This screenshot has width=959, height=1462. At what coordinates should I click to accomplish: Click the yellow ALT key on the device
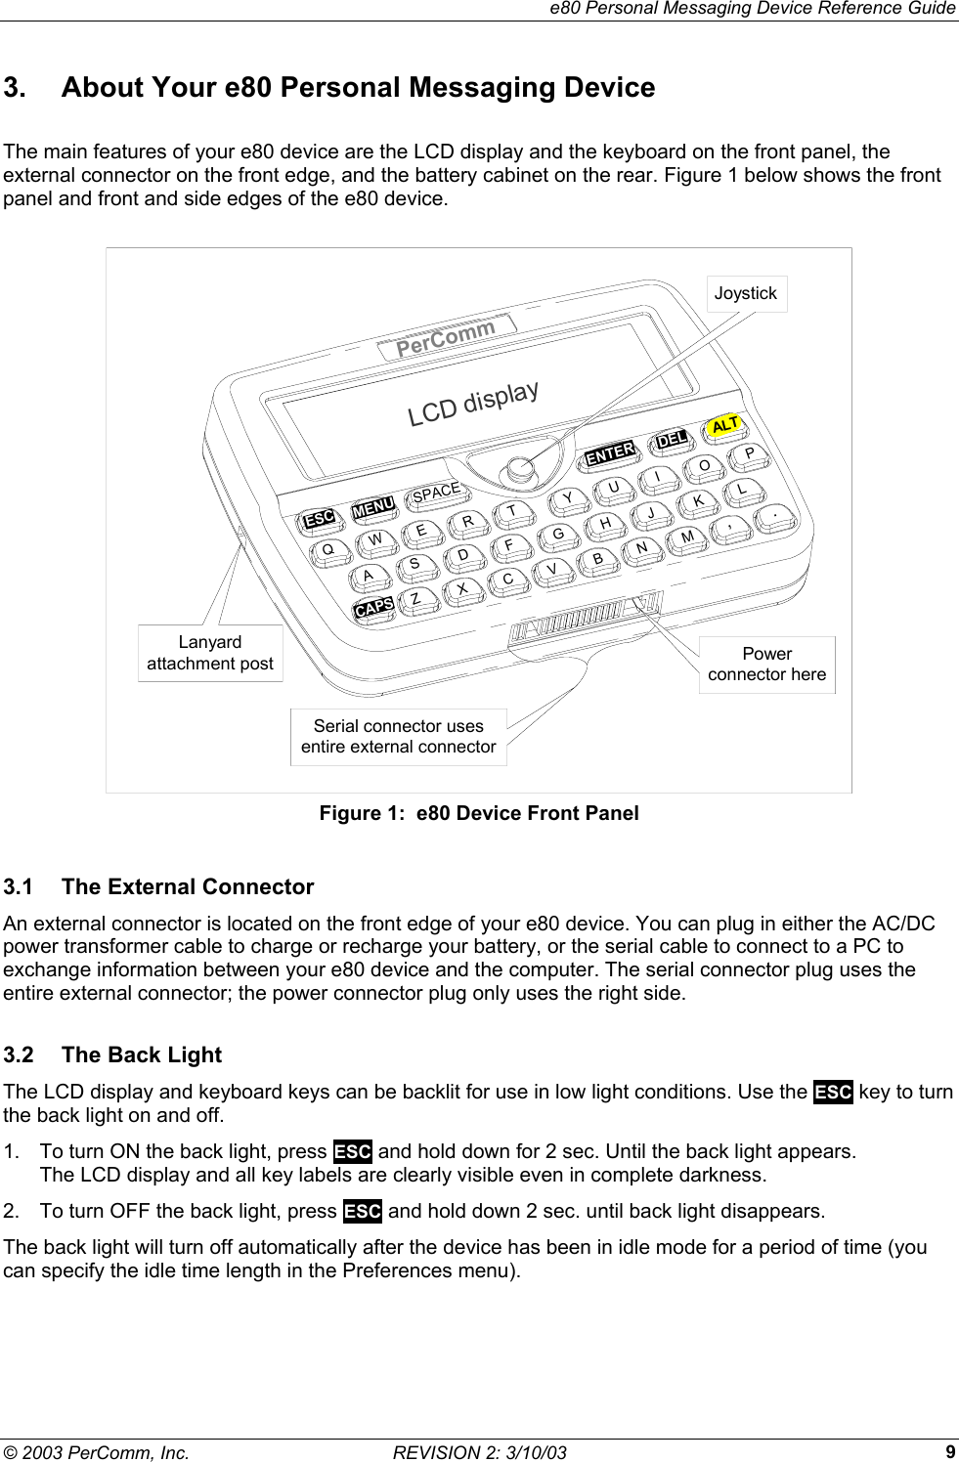point(724,425)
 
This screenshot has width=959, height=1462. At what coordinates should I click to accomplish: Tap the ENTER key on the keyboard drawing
point(610,452)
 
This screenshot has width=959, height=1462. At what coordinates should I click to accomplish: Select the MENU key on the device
point(373,506)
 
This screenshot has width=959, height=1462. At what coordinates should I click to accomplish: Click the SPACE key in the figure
point(435,493)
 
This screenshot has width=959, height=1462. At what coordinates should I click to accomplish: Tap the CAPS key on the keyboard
point(374,607)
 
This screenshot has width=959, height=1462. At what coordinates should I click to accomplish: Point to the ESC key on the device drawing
point(319,518)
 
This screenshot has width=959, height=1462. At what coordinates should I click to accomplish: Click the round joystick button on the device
point(521,470)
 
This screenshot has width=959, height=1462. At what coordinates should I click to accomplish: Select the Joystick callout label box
point(745,293)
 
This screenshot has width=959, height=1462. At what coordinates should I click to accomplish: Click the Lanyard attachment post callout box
point(210,653)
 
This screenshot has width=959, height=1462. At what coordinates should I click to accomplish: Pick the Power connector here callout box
point(766,665)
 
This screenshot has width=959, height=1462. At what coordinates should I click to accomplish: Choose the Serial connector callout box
point(398,736)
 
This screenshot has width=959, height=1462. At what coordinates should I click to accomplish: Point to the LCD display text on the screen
point(473,403)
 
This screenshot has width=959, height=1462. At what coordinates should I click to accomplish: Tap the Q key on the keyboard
point(329,549)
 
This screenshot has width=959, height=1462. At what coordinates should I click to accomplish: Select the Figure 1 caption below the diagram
point(479,813)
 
